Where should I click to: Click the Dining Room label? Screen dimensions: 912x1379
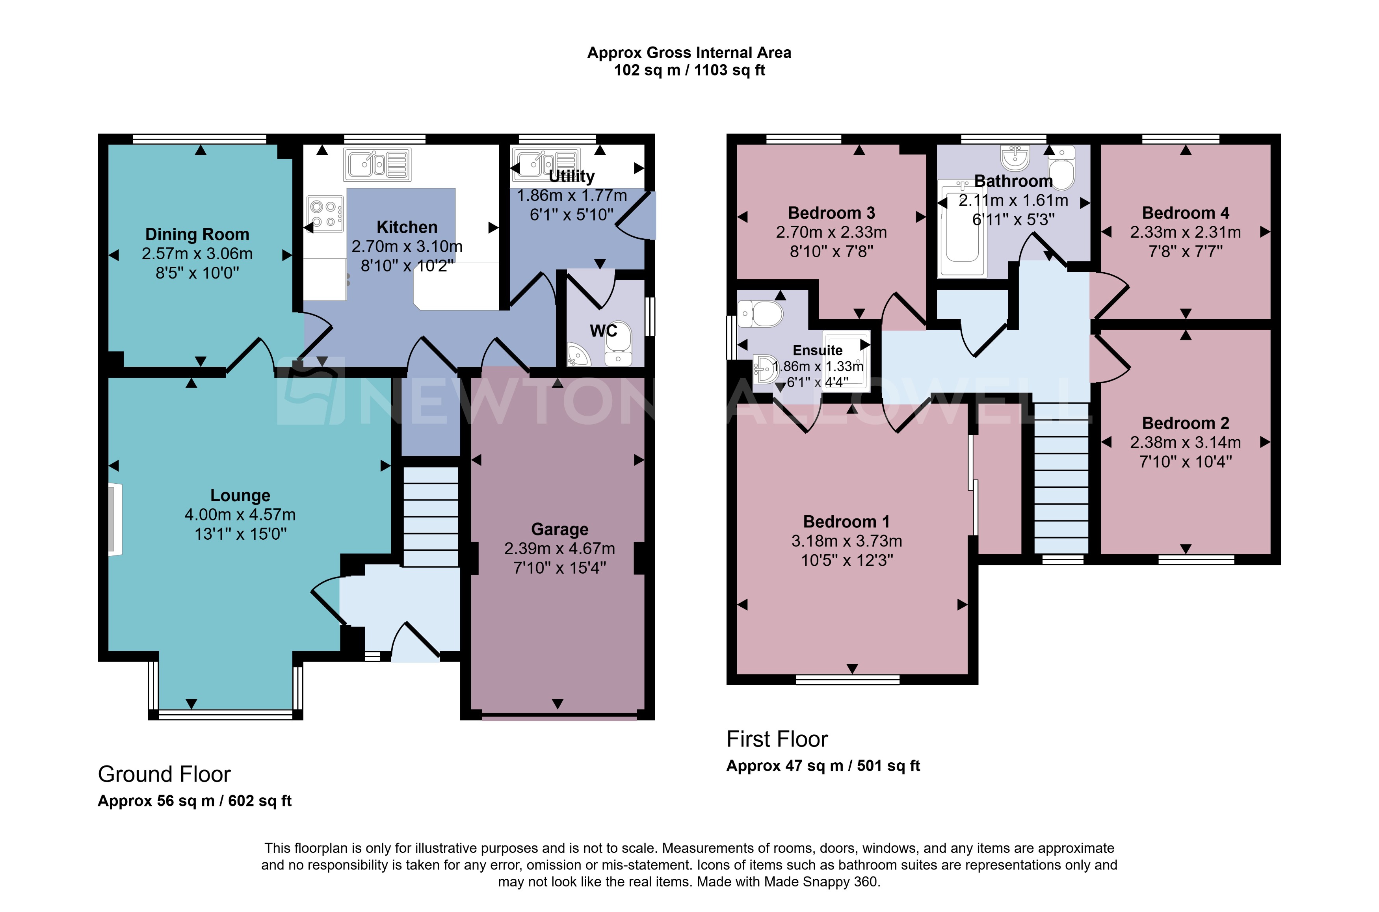click(197, 234)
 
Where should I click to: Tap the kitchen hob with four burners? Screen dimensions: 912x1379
click(325, 214)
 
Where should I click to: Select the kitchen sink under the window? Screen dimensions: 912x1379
click(377, 164)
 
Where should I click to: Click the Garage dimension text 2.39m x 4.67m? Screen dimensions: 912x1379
click(559, 548)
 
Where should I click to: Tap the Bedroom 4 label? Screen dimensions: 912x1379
click(1185, 213)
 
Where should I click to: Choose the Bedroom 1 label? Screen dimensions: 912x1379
click(846, 522)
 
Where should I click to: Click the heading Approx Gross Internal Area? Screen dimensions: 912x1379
click(689, 53)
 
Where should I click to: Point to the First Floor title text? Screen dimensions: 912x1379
click(777, 739)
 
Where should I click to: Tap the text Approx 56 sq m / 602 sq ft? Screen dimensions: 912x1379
click(194, 801)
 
